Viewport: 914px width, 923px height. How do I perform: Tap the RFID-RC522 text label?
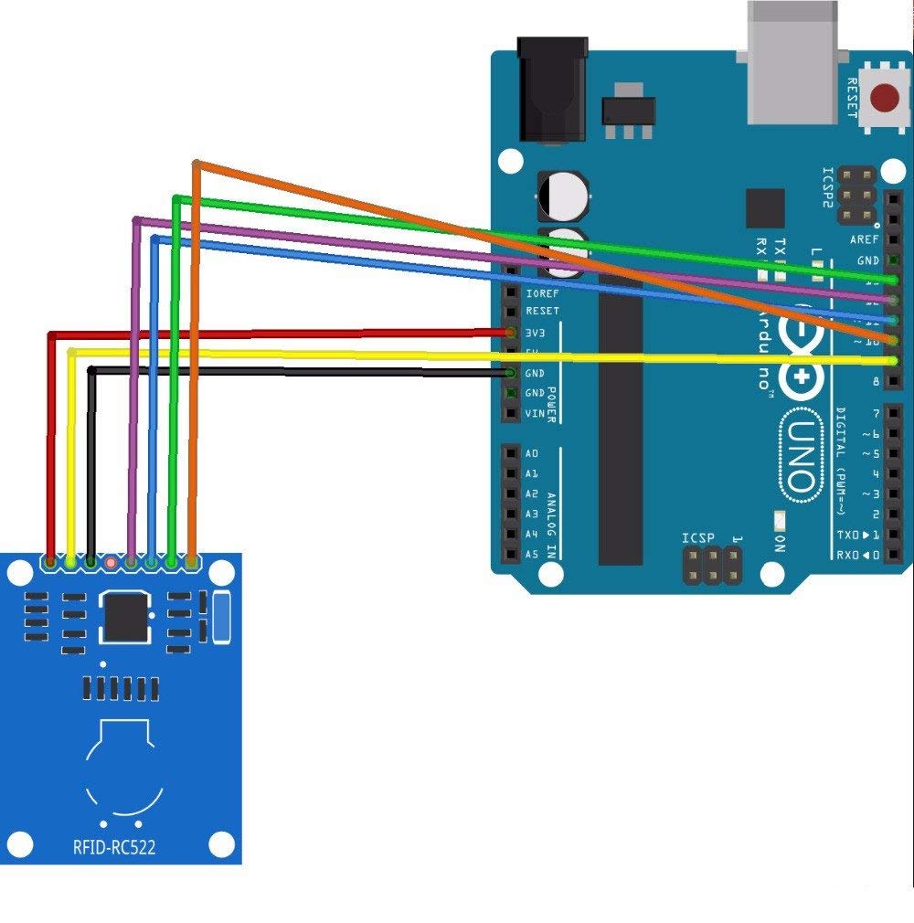tap(114, 847)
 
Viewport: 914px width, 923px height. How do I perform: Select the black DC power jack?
tap(551, 91)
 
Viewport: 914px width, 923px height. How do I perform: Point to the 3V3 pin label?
tap(536, 333)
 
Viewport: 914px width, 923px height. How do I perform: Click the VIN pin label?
tap(535, 413)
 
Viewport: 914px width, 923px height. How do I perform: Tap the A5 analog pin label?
tap(532, 554)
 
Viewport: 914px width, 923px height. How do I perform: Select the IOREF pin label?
tap(542, 293)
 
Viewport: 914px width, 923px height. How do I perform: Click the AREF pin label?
tap(864, 239)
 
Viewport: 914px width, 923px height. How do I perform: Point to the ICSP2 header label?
tap(828, 188)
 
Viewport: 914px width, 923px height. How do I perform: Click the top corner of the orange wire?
tap(196, 164)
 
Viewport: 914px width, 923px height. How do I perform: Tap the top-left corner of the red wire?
tap(49, 334)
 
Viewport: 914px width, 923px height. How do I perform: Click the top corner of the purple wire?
tap(136, 220)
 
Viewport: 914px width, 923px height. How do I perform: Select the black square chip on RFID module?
tap(125, 617)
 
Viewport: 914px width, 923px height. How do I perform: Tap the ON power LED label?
tap(780, 542)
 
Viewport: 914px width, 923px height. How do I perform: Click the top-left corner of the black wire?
tap(90, 369)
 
